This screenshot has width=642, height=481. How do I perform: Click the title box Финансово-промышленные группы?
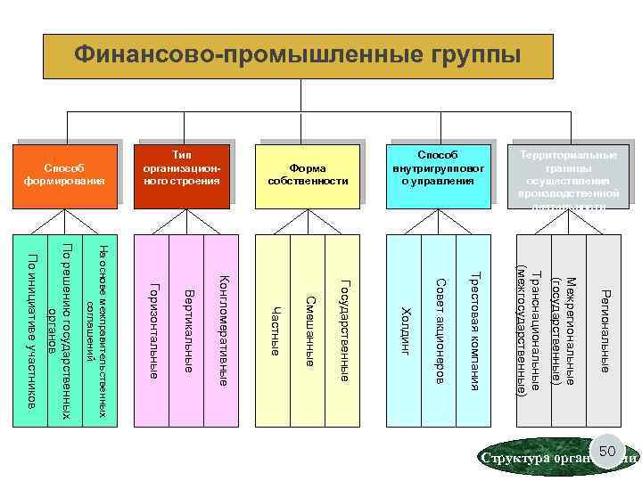click(x=297, y=56)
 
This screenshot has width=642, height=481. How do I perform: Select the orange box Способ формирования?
click(x=64, y=175)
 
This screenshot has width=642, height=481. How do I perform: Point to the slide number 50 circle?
click(x=606, y=453)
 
